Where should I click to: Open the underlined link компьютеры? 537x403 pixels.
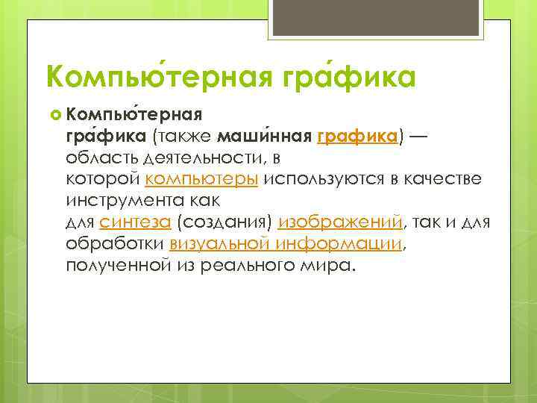pyautogui.click(x=202, y=180)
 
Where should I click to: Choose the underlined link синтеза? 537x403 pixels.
pyautogui.click(x=136, y=222)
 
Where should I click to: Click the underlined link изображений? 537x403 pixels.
pyautogui.click(x=340, y=222)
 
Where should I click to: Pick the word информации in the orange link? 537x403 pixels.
pyautogui.click(x=338, y=244)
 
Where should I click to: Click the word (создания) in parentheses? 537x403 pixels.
pyautogui.click(x=225, y=222)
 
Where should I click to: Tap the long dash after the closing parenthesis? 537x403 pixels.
pyautogui.click(x=418, y=137)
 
